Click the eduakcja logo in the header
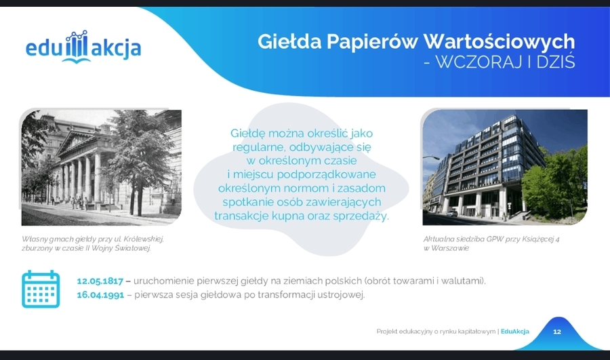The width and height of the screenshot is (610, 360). coord(83,47)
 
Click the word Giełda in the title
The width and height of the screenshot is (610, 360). coord(289,41)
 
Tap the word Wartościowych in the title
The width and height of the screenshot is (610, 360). coord(499,42)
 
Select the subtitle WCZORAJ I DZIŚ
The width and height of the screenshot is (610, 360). coord(505,62)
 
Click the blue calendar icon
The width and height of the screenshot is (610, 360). coord(41,289)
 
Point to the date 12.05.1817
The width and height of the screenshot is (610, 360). coord(100,281)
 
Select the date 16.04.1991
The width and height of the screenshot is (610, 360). coord(100,295)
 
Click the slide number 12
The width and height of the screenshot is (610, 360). coord(557,332)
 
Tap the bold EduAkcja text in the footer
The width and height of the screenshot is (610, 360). coord(515,332)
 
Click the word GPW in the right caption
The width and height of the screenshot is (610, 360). coord(495,239)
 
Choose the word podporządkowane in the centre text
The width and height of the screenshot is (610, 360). coord(327,175)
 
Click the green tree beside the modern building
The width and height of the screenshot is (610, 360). coord(554,180)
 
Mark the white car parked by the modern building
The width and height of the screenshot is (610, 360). coord(451,214)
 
